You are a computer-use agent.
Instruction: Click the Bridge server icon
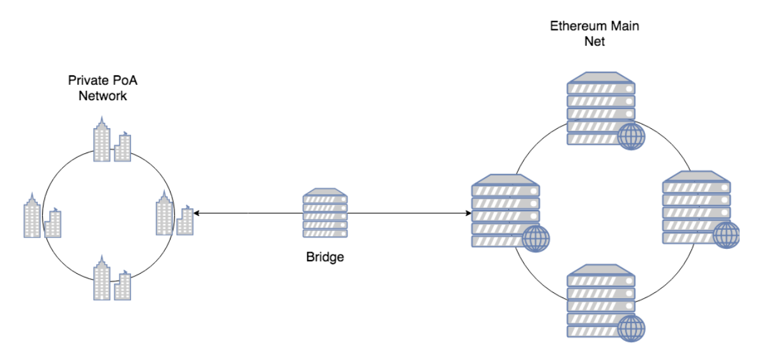[x=325, y=213]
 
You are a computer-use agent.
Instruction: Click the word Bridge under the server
[x=325, y=258]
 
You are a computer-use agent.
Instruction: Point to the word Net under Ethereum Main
[x=595, y=42]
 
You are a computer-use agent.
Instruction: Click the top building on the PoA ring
[x=112, y=140]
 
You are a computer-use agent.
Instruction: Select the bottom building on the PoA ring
[x=112, y=278]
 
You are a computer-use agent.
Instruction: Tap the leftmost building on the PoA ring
[x=42, y=215]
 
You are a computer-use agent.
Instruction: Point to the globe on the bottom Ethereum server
[x=631, y=329]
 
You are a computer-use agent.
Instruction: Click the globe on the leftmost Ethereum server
[x=535, y=238]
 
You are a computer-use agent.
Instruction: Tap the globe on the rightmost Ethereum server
[x=726, y=235]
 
